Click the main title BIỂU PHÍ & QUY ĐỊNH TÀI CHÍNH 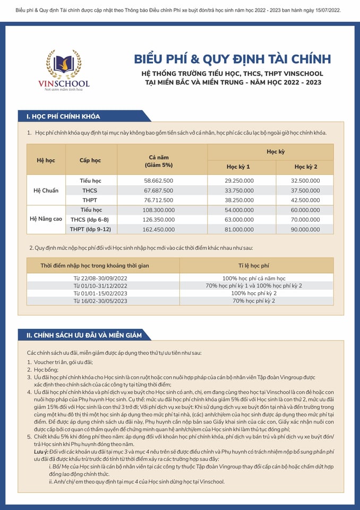(233, 58)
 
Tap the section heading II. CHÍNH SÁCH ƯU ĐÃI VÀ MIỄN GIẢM (84, 335)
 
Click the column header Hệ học (46, 160)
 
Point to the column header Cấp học (90, 160)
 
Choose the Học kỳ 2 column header (306, 167)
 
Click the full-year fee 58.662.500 (159, 181)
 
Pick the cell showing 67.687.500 (159, 190)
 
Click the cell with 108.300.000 (159, 210)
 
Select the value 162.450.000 (159, 229)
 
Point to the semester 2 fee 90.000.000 (306, 229)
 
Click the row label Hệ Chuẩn (46, 190)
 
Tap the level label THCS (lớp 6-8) (90, 219)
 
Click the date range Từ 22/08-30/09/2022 (100, 278)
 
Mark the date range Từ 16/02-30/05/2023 (100, 301)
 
